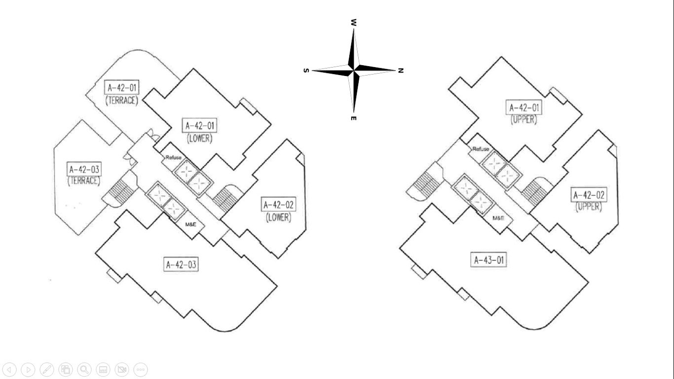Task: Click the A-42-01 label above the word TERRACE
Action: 122,88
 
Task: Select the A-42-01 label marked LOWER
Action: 200,125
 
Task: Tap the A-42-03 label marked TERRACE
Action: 84,169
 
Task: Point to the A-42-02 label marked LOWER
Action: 279,204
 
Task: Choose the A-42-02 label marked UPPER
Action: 589,195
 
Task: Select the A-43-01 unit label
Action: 489,260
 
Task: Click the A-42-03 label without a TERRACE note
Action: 181,265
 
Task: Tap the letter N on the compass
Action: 401,71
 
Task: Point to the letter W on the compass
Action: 354,23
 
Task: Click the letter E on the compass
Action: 354,118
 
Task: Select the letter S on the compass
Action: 306,71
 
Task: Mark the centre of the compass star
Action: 354,71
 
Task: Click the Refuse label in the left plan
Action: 174,157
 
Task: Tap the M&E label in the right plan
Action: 498,218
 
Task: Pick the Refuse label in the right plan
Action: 481,149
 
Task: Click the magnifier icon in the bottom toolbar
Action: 84,369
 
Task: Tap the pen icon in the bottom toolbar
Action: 47,369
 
